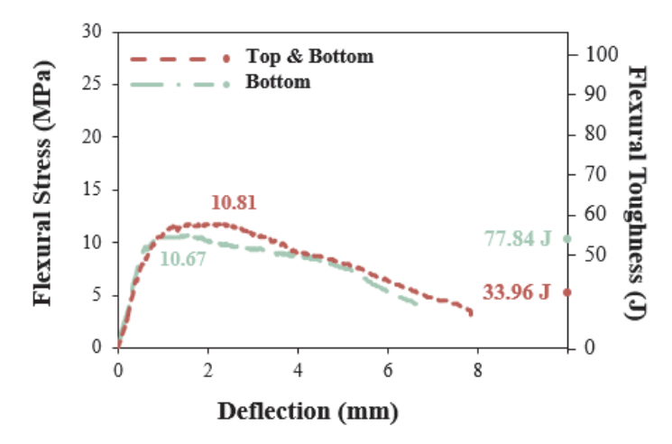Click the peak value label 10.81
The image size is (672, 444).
234,202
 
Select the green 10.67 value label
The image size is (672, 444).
183,259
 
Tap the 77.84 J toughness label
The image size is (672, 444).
517,238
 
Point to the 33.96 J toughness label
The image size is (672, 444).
516,292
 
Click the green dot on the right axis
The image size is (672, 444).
567,239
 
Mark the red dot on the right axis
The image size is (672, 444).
567,292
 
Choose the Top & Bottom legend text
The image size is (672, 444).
309,56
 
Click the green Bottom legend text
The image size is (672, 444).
278,81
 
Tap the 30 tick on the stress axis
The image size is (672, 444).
92,31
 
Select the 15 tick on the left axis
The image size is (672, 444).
92,189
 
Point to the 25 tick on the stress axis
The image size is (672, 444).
92,84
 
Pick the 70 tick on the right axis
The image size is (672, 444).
595,174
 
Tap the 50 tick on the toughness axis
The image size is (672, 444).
595,254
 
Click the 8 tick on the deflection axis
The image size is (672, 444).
478,370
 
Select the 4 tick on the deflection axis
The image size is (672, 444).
298,370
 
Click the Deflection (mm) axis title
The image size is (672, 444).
308,412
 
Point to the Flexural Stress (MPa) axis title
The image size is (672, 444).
43,183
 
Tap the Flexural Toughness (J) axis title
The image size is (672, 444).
635,192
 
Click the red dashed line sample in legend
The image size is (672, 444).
180,59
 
